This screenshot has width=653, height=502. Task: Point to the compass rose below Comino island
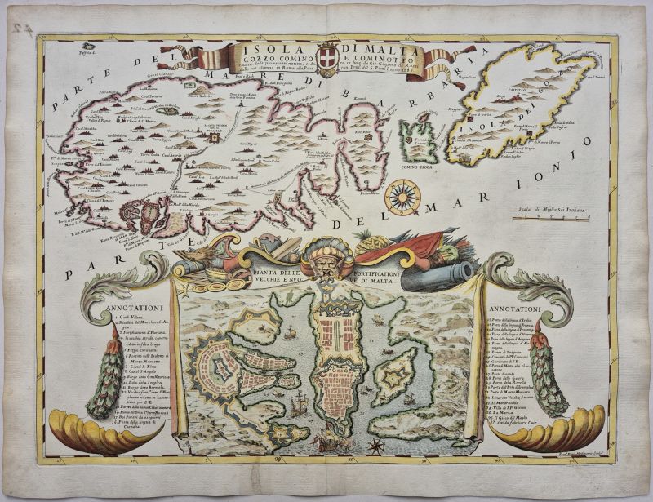[x=402, y=196]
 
